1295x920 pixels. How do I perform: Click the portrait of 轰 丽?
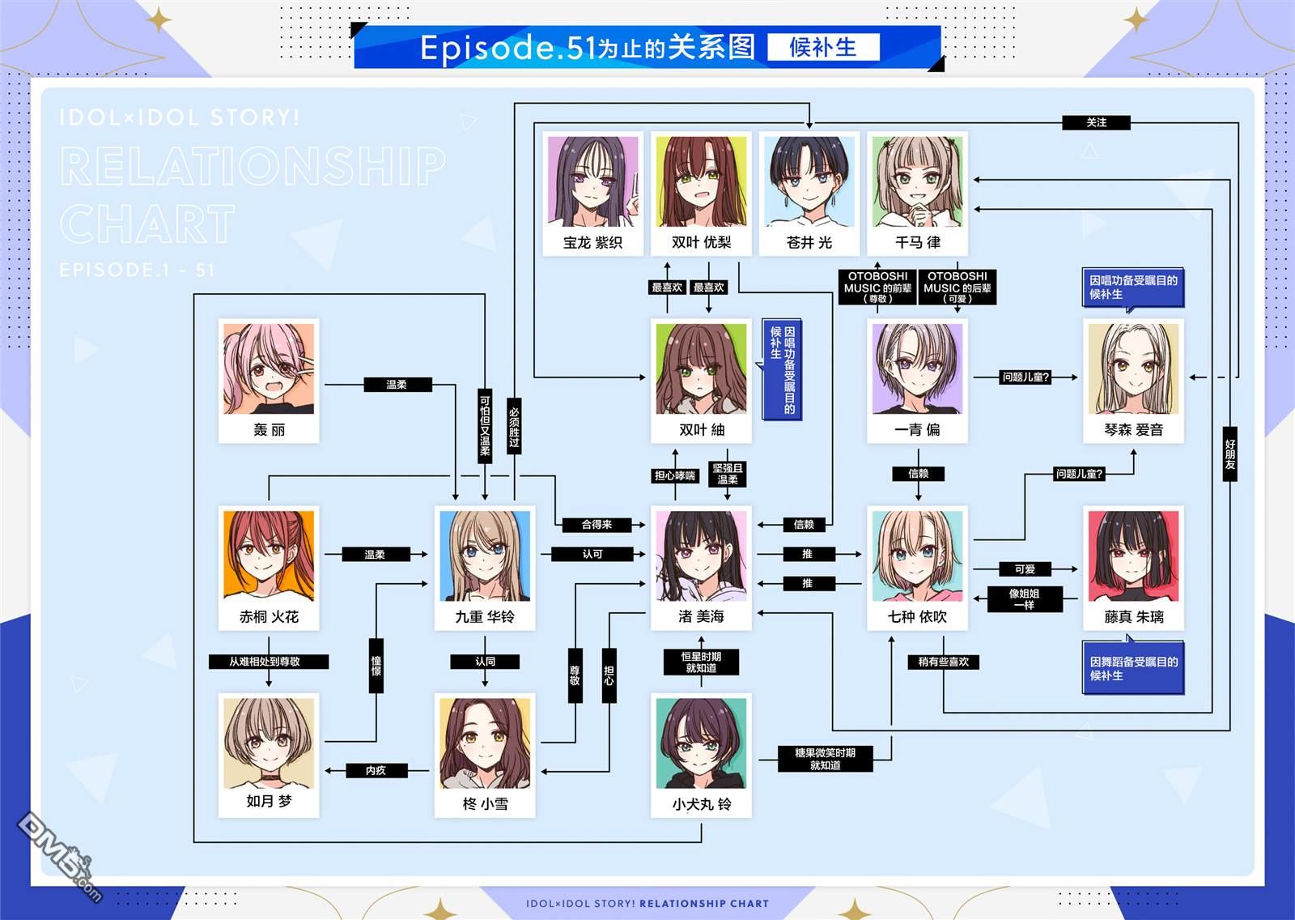click(269, 368)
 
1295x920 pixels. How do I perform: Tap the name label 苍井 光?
click(809, 242)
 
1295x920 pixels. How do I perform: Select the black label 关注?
click(1096, 122)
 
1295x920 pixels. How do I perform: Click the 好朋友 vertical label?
click(1229, 454)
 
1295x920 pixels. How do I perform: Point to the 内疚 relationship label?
click(376, 770)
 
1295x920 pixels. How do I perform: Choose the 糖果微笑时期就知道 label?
click(825, 759)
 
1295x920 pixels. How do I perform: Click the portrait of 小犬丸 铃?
click(701, 743)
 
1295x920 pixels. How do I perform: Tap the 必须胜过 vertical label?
click(514, 426)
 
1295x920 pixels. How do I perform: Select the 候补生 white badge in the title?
click(823, 47)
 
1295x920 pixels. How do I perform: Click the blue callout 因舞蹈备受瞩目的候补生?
click(1133, 668)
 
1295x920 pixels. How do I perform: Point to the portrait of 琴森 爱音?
click(1133, 368)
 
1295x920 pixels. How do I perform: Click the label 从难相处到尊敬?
click(269, 662)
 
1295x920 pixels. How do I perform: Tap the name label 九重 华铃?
click(485, 617)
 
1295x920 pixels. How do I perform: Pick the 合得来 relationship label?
click(597, 524)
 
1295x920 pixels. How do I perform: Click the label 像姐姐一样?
click(1025, 598)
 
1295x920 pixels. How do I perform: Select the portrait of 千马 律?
click(918, 181)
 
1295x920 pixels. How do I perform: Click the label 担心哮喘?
click(675, 475)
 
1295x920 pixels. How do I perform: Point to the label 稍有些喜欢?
click(944, 662)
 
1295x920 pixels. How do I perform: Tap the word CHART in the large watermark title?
click(147, 224)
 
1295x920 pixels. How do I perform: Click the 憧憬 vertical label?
click(376, 666)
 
